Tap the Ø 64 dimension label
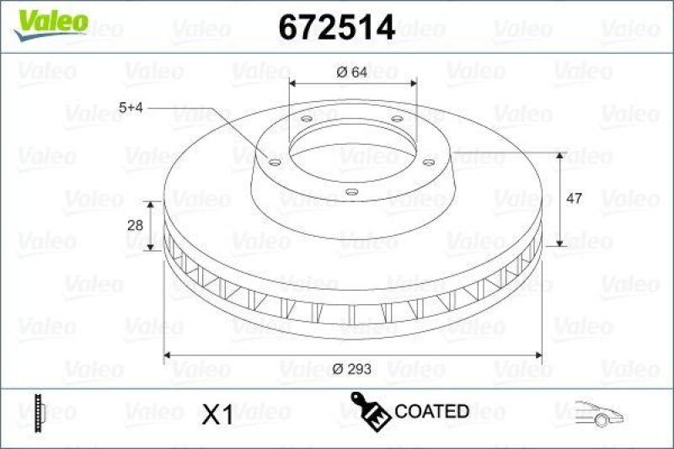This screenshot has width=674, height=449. (x=352, y=72)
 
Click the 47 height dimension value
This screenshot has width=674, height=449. (x=574, y=199)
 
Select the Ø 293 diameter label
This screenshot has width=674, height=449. (x=352, y=367)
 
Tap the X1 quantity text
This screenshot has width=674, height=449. (x=218, y=413)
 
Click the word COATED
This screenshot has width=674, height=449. (x=431, y=411)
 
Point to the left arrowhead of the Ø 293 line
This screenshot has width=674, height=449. (x=167, y=355)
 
